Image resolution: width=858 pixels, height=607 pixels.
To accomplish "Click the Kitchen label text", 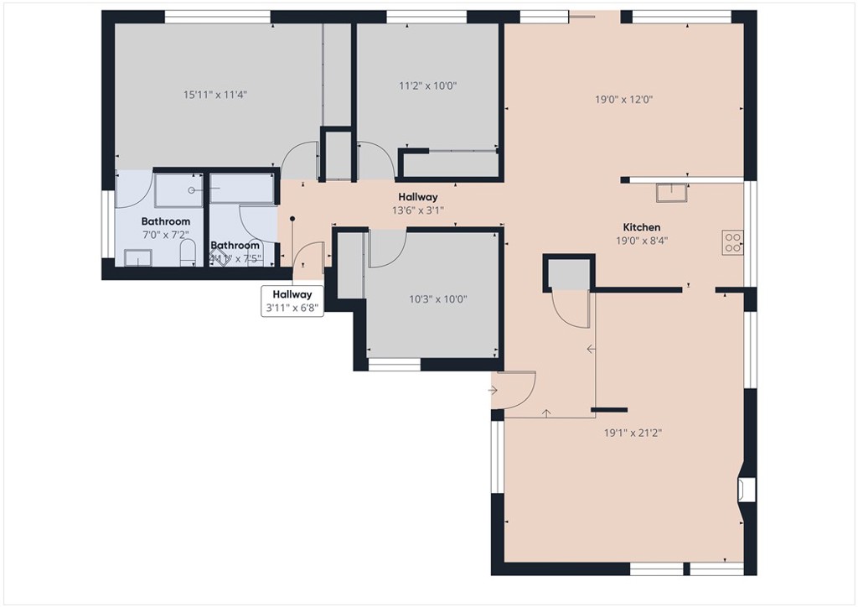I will (641, 227).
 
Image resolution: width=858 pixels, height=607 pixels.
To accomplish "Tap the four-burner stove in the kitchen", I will (732, 241).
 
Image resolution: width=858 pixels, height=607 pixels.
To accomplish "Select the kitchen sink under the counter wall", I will (671, 193).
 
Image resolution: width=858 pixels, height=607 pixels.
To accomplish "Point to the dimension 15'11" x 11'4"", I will (215, 95).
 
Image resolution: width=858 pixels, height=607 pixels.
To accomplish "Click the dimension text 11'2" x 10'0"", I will (427, 85).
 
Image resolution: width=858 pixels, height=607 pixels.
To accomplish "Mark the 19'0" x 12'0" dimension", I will (623, 99).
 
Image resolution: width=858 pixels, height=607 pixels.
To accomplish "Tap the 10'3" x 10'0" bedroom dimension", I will (437, 299).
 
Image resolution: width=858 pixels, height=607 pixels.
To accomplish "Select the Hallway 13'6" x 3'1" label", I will (417, 204).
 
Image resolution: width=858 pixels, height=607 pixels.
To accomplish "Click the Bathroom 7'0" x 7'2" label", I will (165, 227).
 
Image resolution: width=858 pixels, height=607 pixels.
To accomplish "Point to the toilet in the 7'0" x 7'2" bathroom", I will (189, 252).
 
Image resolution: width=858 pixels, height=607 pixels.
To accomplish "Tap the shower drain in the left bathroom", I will (192, 190).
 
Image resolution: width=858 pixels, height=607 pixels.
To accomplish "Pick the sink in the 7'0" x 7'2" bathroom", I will (137, 258).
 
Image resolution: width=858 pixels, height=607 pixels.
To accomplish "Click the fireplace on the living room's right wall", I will (746, 489).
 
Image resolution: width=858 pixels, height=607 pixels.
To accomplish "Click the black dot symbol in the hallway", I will (292, 220).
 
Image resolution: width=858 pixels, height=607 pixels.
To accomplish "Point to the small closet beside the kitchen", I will (569, 273).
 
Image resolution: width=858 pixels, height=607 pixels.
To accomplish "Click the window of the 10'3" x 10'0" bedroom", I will (394, 365).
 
